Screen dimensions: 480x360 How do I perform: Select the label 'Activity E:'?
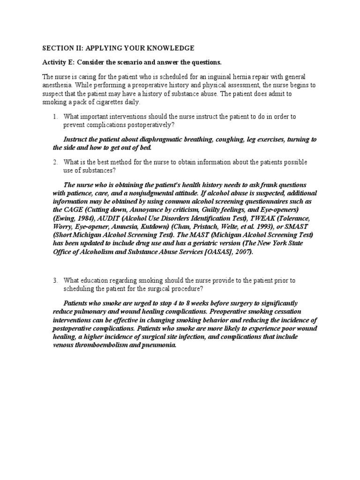pos(59,62)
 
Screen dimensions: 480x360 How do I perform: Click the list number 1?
pos(54,116)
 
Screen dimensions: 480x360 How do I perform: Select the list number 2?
pos(54,162)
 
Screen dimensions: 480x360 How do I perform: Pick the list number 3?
pos(54,280)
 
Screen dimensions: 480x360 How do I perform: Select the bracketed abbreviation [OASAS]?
pos(213,252)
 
